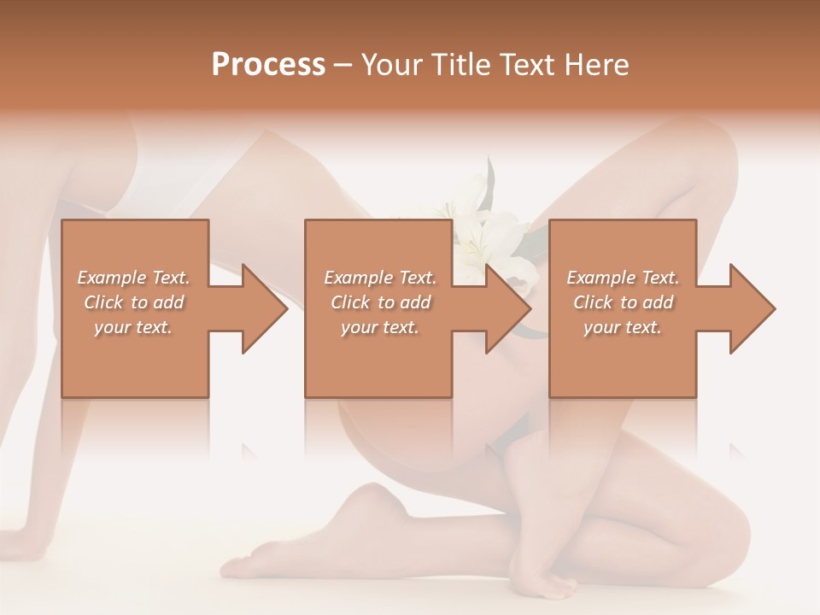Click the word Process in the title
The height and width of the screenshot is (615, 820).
[268, 65]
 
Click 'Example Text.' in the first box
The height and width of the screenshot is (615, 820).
[134, 278]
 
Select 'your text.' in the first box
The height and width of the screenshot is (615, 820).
[134, 327]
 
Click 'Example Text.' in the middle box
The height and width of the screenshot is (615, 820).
[380, 278]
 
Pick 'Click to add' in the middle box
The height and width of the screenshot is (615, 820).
[380, 302]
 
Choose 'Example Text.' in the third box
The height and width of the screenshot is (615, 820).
[623, 278]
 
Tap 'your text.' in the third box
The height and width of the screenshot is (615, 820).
[623, 327]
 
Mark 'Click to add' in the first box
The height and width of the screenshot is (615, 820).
[134, 302]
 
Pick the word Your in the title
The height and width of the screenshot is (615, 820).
[390, 65]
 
